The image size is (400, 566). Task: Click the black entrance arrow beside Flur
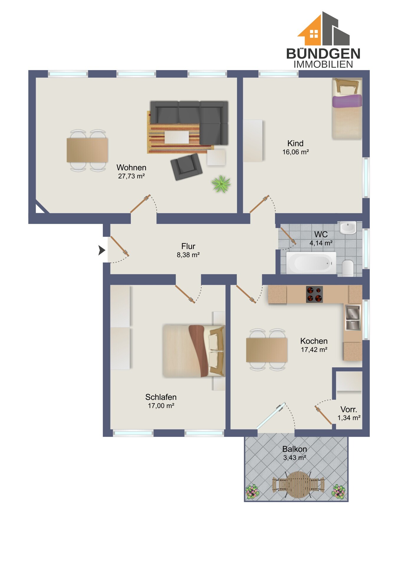102,250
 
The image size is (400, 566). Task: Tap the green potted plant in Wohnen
221,184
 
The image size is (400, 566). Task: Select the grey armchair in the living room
186,167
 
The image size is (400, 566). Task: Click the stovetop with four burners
314,294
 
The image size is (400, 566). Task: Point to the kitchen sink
353,317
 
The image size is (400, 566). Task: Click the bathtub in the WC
311,263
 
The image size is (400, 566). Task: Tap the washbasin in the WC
348,228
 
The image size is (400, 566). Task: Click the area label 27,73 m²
131,176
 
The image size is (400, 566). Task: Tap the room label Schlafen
161,397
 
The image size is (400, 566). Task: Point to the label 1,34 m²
349,418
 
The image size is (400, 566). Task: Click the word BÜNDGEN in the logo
323,54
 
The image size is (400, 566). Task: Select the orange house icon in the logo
310,30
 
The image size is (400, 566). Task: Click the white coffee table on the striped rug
177,137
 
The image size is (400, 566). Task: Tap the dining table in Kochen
267,350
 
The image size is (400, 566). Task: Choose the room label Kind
295,143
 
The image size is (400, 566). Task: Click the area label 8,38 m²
188,255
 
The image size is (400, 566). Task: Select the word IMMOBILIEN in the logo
323,64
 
